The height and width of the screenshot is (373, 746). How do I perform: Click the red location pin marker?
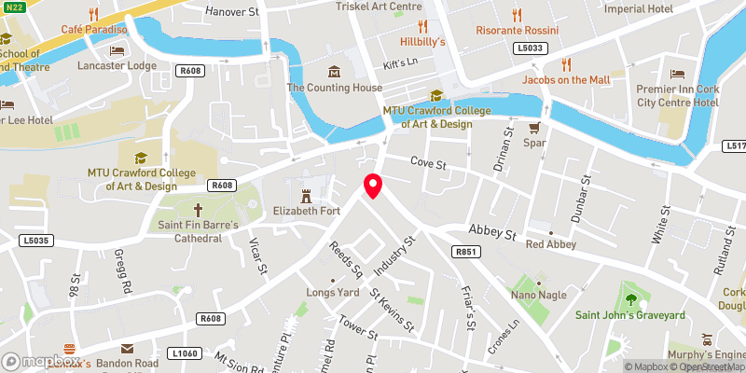point(373,186)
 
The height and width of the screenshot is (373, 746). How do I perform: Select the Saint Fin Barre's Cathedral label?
point(197,231)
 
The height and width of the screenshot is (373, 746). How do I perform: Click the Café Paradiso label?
point(94,30)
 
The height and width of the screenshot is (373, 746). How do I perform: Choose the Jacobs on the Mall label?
point(566,80)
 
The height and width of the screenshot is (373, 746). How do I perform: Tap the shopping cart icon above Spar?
point(534,129)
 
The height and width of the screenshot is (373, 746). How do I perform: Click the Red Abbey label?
point(547,244)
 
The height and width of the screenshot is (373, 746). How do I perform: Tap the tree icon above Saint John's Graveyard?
point(630,299)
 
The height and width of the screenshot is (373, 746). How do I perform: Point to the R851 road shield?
point(465,252)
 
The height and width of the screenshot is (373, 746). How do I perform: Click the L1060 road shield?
point(186,353)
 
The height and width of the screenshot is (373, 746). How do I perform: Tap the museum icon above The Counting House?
point(334,73)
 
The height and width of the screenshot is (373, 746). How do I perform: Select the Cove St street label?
point(430,165)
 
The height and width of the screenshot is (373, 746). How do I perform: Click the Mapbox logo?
point(41,361)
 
